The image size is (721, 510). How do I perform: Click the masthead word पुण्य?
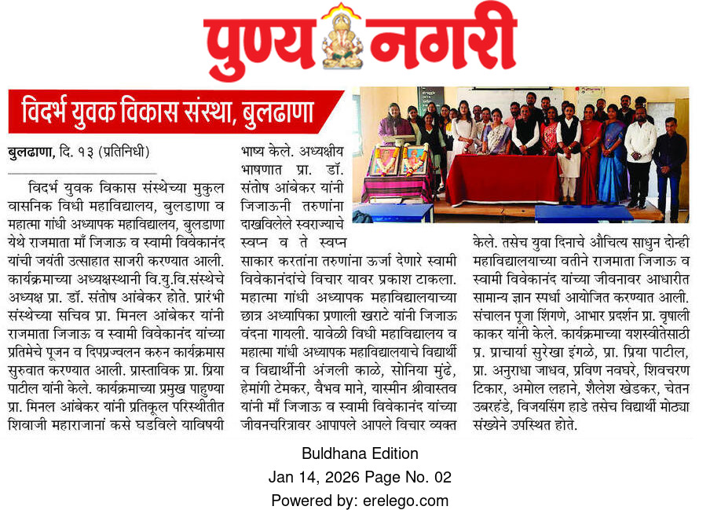tap(263, 41)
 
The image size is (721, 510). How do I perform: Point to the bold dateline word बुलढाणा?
tap(31, 152)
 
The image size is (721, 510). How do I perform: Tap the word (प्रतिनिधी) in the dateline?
tap(126, 152)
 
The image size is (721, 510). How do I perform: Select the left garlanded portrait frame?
tap(384, 160)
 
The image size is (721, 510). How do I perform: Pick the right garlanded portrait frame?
tap(414, 160)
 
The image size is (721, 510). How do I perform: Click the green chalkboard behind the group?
tap(430, 98)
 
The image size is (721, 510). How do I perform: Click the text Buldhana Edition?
tap(360, 453)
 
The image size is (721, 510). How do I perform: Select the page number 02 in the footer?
tap(442, 477)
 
